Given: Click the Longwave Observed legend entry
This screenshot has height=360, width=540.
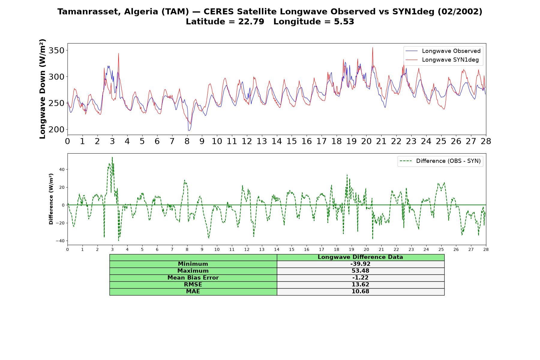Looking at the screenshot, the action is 443,51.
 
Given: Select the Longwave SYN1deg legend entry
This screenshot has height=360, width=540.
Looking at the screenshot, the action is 442,60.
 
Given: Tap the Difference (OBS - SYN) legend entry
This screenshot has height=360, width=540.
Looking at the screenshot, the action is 440,161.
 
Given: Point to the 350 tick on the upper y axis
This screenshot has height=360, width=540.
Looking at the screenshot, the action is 56,50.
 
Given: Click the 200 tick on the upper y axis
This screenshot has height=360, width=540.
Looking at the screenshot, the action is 56,130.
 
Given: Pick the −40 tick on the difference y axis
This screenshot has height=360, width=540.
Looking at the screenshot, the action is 60,241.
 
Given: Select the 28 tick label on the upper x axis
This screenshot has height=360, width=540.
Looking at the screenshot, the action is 486,141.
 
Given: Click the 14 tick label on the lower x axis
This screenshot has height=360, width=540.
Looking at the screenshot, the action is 277,249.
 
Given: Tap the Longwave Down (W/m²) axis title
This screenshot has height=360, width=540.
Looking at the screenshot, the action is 43,89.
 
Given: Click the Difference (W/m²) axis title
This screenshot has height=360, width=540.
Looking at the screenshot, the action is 51,199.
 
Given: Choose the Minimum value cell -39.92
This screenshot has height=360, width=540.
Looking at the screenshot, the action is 360,264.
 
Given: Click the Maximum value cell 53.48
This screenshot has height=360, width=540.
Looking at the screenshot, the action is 360,271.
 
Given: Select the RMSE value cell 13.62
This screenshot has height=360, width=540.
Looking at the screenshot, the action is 360,285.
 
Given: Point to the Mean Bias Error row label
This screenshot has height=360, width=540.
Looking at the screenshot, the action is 193,278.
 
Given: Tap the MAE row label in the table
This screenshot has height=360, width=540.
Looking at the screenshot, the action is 193,292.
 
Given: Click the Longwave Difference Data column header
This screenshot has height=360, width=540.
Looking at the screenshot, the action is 360,257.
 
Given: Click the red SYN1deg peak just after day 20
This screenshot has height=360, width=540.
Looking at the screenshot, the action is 373,47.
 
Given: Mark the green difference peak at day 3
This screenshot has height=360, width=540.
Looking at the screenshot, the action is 112,157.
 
